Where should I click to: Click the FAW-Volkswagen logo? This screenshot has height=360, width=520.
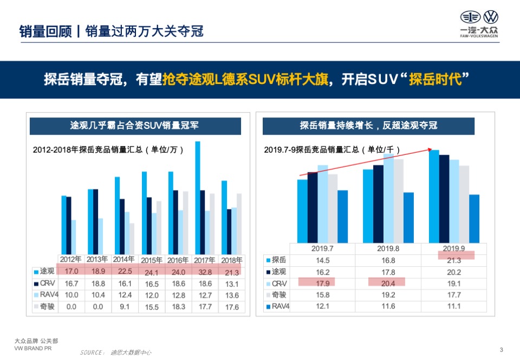click(479, 24)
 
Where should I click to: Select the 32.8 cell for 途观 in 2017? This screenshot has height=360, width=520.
click(205, 272)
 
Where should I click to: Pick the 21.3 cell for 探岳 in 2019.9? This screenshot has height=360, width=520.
click(454, 260)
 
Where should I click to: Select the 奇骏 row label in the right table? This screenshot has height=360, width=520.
click(279, 295)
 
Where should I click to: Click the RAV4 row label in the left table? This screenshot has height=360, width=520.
click(44, 295)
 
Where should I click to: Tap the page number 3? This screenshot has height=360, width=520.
click(501, 349)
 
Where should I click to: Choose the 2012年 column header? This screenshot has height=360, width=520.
click(71, 259)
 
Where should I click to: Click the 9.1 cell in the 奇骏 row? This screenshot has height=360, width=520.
click(125, 307)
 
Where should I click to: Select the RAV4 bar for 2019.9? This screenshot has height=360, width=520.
click(474, 219)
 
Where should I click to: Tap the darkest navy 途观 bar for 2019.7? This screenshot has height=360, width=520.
click(313, 207)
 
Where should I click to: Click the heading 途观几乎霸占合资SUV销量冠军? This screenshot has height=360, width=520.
click(134, 126)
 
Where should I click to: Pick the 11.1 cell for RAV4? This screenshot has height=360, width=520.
click(454, 306)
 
